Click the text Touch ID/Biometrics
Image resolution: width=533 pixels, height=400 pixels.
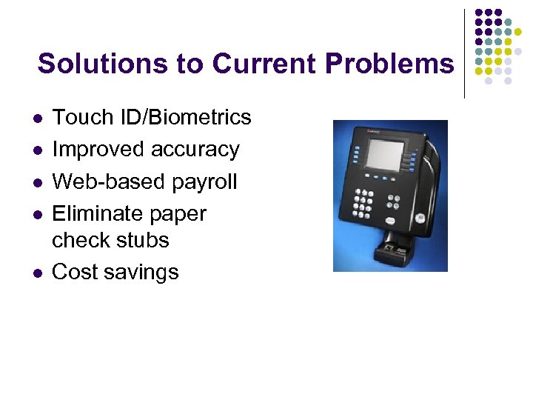152,117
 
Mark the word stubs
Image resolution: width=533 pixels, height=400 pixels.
144,240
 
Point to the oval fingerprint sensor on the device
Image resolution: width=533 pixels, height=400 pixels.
419,218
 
